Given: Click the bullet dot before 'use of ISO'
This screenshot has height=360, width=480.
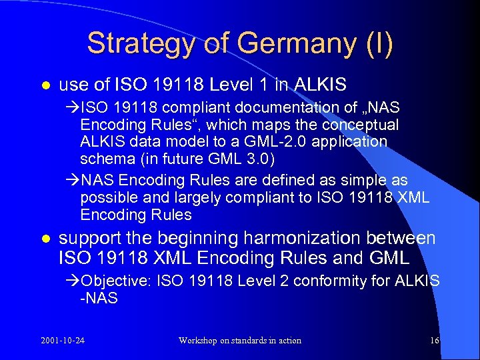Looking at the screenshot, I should pyautogui.click(x=45, y=86).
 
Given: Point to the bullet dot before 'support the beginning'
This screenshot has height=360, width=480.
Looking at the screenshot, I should pyautogui.click(x=45, y=239).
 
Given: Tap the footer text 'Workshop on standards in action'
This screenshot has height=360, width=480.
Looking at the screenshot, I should pyautogui.click(x=240, y=341).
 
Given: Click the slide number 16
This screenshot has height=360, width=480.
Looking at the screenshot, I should pyautogui.click(x=435, y=341).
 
